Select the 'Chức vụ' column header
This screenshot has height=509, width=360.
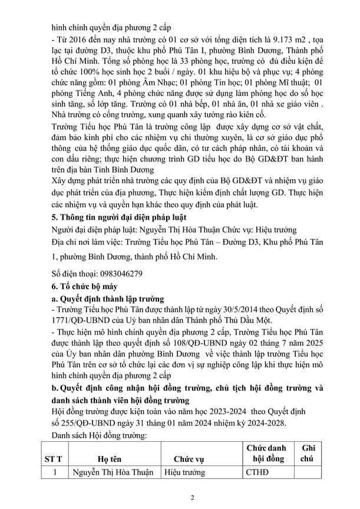coord(188,458)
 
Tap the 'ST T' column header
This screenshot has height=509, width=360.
coord(54,458)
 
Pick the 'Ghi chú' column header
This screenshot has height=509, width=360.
coord(308,452)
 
